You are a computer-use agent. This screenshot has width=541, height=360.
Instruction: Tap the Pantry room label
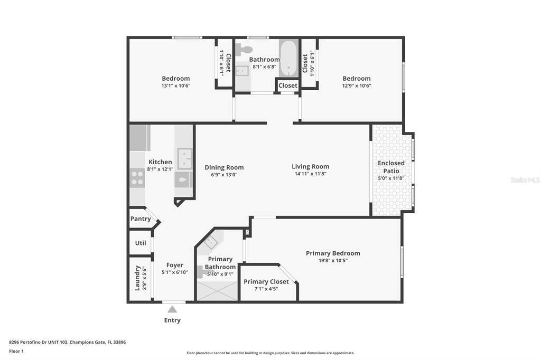pyautogui.click(x=141, y=219)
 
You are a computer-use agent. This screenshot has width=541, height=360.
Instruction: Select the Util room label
pyautogui.click(x=141, y=243)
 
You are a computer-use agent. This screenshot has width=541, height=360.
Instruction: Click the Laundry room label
pyautogui.click(x=137, y=278)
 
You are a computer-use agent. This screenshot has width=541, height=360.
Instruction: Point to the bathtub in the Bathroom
pyautogui.click(x=288, y=58)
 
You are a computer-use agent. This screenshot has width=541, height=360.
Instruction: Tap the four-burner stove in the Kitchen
pyautogui.click(x=137, y=178)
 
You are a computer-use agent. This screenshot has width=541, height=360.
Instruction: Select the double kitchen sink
pyautogui.click(x=184, y=158)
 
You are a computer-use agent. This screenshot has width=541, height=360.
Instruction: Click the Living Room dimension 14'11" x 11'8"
pyautogui.click(x=311, y=174)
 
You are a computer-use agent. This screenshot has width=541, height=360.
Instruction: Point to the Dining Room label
pyautogui.click(x=224, y=167)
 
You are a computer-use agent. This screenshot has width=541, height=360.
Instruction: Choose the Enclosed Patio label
pyautogui.click(x=391, y=167)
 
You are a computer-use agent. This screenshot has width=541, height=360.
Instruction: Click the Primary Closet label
pyautogui.click(x=266, y=282)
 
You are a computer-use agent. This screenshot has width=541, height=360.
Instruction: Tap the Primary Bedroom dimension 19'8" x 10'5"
pyautogui.click(x=333, y=261)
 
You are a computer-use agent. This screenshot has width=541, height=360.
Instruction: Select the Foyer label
pyautogui.click(x=174, y=265)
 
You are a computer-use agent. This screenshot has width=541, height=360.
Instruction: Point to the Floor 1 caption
pyautogui.click(x=16, y=351)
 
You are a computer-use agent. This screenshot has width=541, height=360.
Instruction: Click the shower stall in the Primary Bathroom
pyautogui.click(x=217, y=291)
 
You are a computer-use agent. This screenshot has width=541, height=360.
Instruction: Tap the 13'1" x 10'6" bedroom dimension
pyautogui.click(x=176, y=86)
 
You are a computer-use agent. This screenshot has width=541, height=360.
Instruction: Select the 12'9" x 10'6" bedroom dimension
pyautogui.click(x=357, y=86)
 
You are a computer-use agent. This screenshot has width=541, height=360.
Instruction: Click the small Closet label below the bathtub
pyautogui.click(x=288, y=86)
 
